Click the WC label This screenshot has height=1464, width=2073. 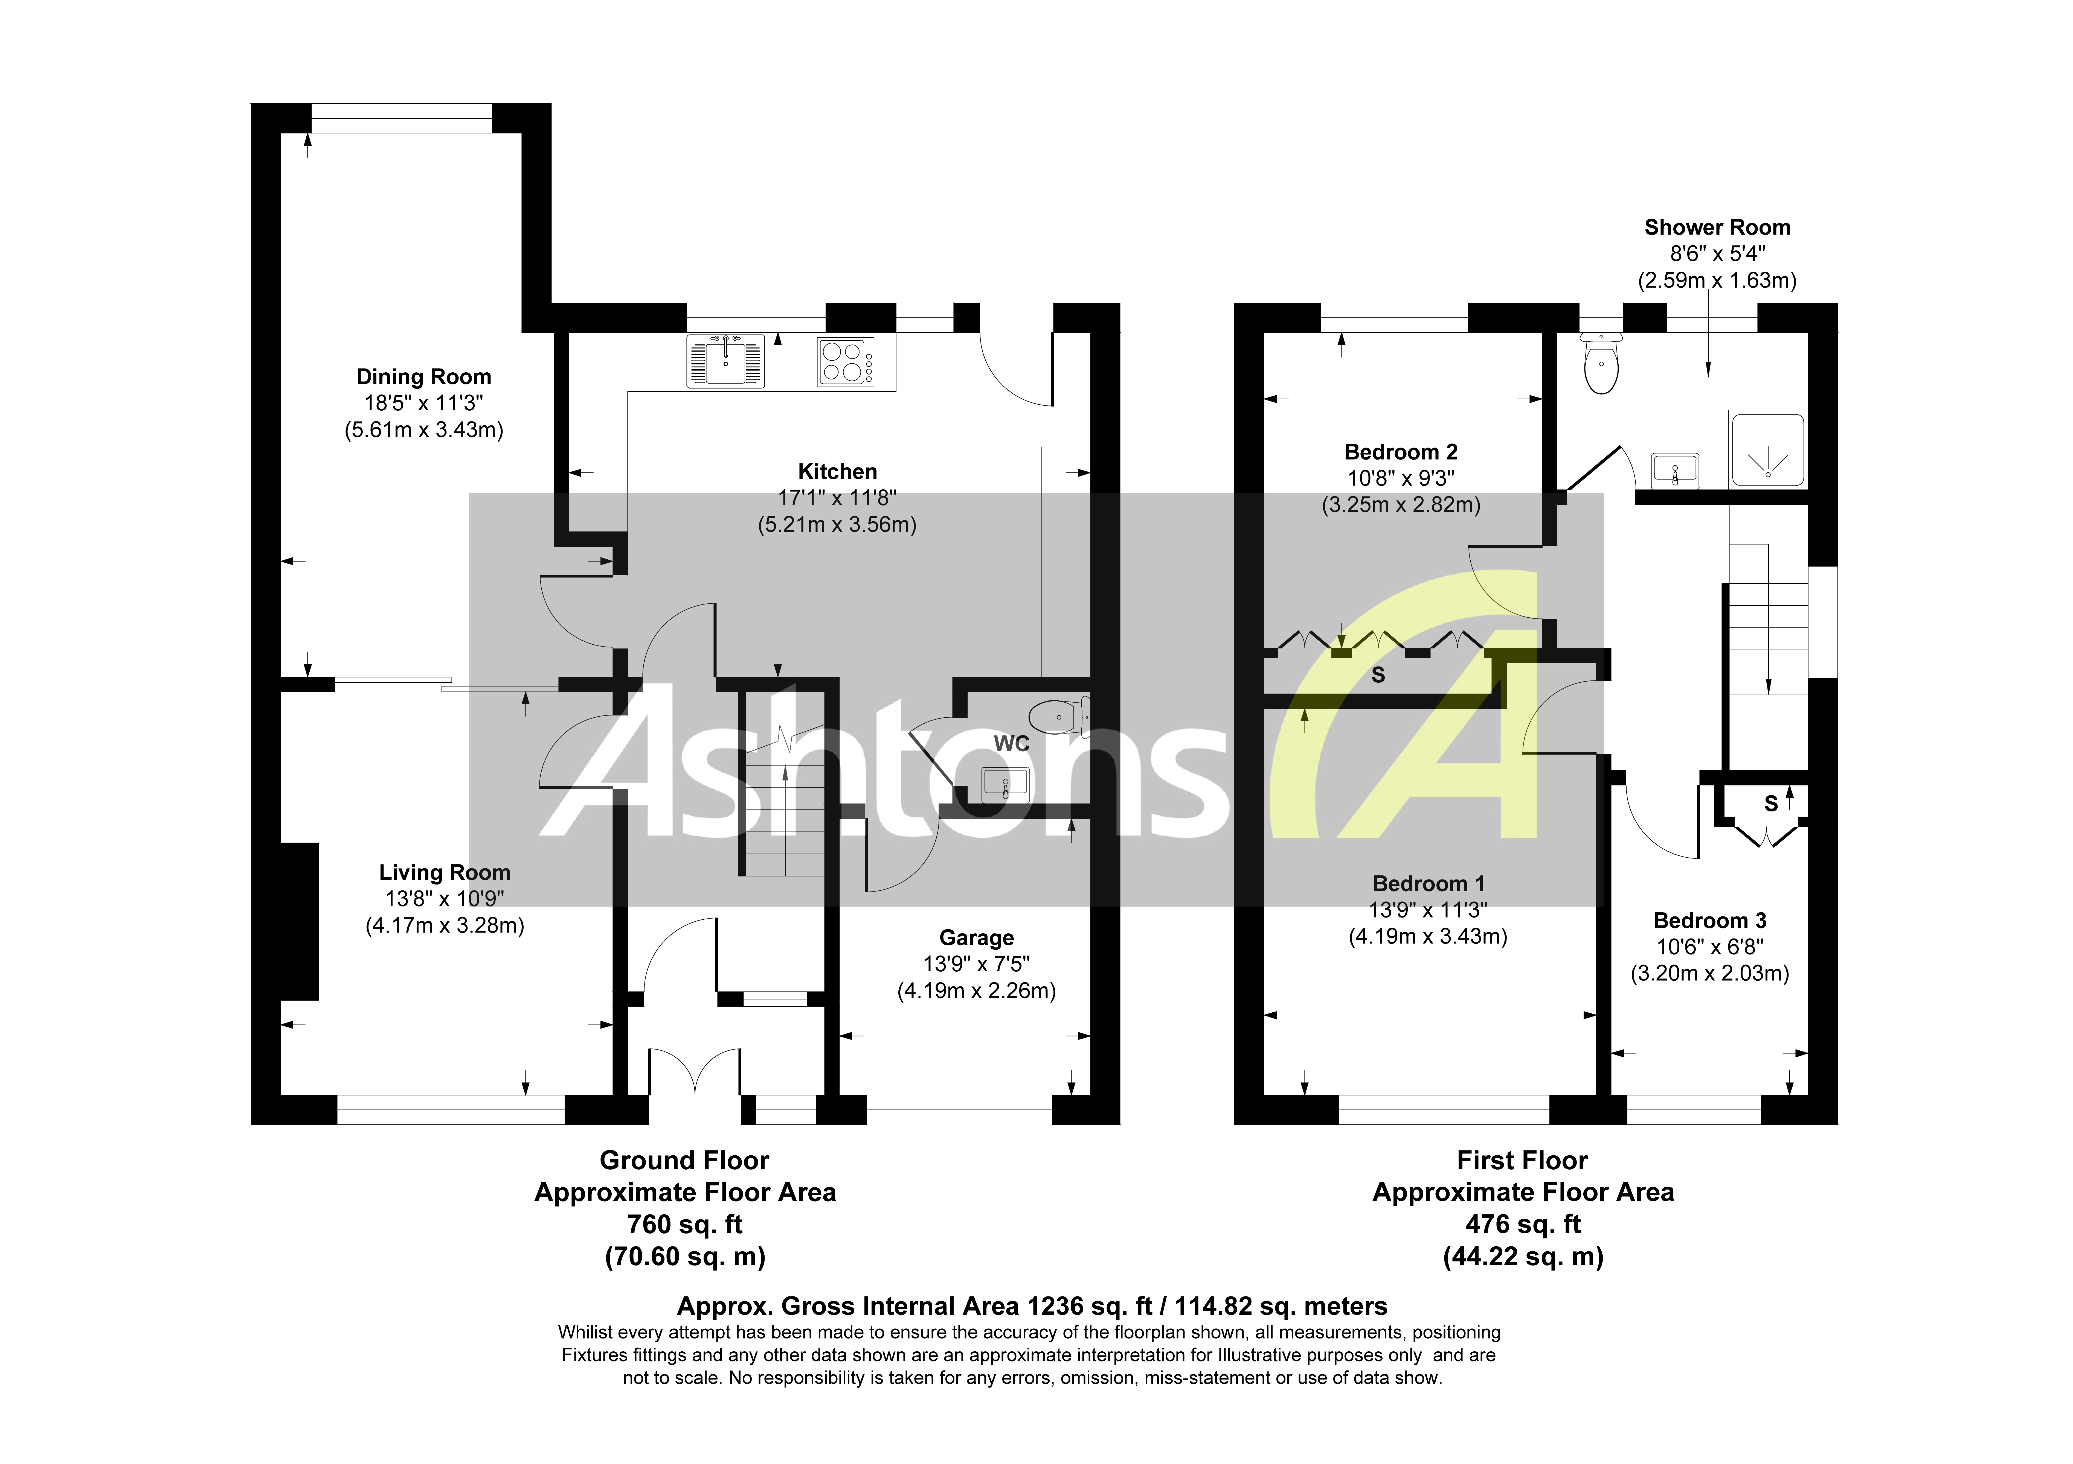coord(1011,744)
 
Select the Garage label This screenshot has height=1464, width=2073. coord(976,938)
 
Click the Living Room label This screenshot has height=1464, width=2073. coord(444,873)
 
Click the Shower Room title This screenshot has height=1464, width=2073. coord(1716,227)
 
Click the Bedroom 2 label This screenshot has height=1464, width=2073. coord(1400,452)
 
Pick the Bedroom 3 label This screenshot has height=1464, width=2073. coord(1709,921)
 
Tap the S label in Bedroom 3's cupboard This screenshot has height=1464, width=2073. coord(1770,803)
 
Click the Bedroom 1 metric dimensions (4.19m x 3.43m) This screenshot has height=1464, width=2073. coord(1427,936)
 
